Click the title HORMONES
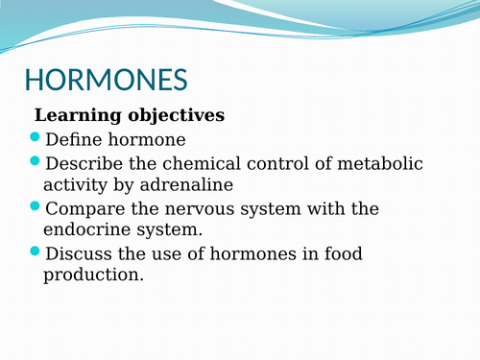point(106,80)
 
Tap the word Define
point(72,139)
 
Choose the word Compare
point(83,208)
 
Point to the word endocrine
point(83,229)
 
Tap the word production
point(93,276)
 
